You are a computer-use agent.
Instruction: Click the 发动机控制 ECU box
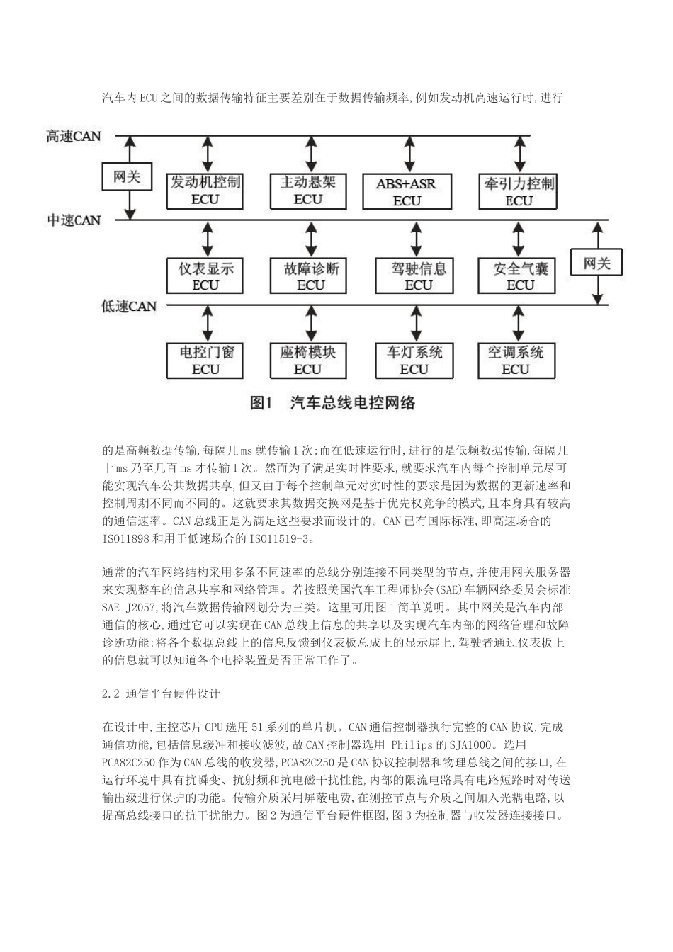205,190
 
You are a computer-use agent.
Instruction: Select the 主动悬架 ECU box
307,190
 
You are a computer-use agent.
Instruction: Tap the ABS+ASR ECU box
407,191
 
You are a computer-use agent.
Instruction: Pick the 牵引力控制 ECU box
519,191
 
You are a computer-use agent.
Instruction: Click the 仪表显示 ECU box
205,276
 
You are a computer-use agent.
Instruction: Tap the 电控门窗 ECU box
205,360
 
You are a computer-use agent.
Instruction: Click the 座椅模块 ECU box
307,360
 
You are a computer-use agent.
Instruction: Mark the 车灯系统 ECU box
414,360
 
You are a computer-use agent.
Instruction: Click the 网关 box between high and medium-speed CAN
127,176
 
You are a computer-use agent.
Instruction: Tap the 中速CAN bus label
74,220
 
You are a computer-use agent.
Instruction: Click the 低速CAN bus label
128,306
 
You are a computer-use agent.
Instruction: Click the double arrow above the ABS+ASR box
409,153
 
